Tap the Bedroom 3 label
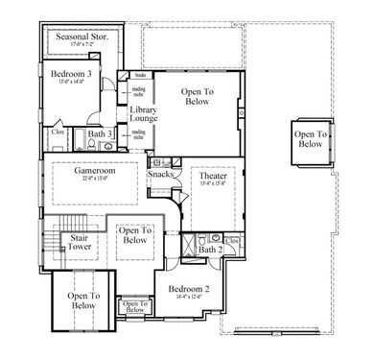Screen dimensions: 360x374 [x=70, y=74]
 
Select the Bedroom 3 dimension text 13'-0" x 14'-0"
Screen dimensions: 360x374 [x=70, y=83]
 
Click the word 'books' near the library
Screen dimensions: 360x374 [x=139, y=75]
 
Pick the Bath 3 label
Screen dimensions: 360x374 [x=98, y=135]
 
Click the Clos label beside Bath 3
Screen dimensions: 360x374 [x=58, y=132]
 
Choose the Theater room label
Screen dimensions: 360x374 [x=213, y=178]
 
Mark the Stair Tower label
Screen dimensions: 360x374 [x=79, y=242]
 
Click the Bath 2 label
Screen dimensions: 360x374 [x=209, y=250]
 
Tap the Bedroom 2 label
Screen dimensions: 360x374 [x=189, y=288]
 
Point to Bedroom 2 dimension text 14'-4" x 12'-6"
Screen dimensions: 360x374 [x=189, y=298]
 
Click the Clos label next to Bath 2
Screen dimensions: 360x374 [x=233, y=237]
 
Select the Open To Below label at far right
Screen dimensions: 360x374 [x=309, y=139]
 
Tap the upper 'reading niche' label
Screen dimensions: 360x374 [x=139, y=92]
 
